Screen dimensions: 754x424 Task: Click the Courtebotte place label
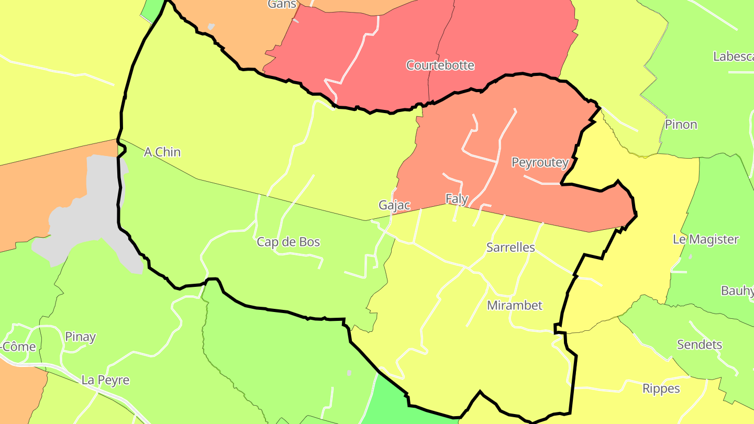coord(440,65)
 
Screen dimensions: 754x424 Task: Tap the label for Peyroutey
coord(540,162)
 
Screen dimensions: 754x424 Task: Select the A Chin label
coord(162,152)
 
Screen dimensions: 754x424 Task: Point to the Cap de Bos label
coord(288,242)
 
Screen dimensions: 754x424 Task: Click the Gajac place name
coord(394,205)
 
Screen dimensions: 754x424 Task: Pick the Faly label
coord(457,199)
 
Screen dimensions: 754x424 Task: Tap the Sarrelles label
coord(511,248)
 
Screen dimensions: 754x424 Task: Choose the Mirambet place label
coord(514,306)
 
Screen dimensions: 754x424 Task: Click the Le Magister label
coord(705,240)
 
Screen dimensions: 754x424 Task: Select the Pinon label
coord(681,125)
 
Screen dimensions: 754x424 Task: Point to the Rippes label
coord(661,389)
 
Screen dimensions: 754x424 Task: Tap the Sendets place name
coord(700,345)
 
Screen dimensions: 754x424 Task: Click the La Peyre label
coord(105,380)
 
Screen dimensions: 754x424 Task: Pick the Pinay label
coord(80,337)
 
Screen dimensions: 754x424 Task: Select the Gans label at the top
coord(282,4)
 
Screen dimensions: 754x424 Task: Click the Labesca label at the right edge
coord(733,57)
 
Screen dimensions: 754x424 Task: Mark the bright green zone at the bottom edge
coord(387,403)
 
